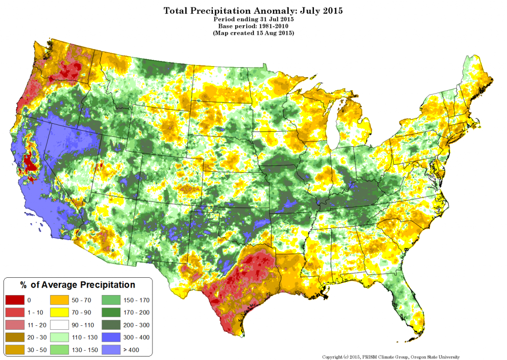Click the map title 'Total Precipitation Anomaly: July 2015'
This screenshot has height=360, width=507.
coord(253,10)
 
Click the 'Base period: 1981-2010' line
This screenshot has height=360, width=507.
coord(253,25)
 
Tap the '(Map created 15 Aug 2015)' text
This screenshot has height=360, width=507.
coord(253,33)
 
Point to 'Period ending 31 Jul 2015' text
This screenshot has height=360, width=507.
coord(253,18)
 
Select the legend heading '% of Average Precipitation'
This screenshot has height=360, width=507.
coord(77,285)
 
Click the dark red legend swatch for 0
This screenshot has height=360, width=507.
coord(14,300)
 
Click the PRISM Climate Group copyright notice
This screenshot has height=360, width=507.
coord(391,357)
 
